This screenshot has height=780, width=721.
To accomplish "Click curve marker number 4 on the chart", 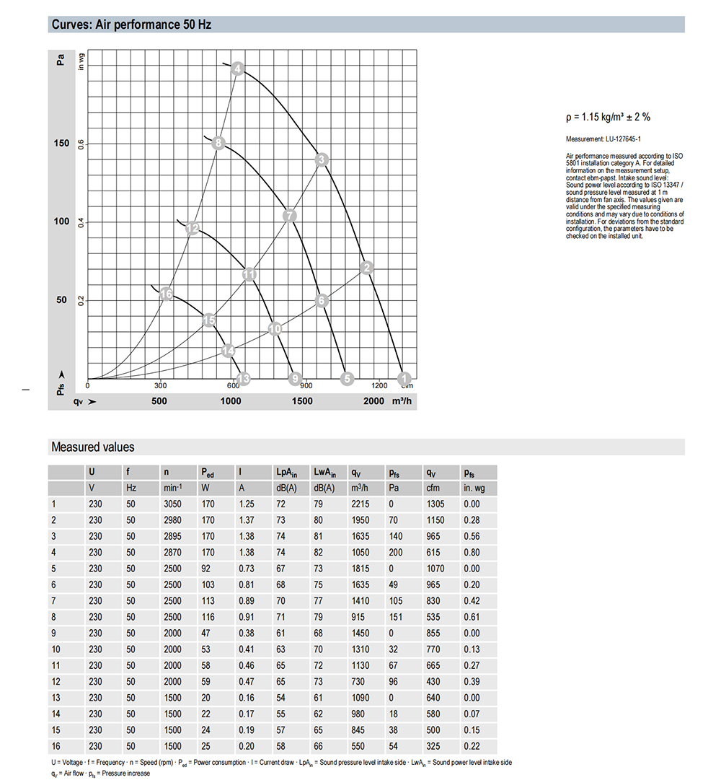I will coord(238,69).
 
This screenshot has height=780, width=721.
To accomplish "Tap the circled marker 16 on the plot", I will coord(167,294).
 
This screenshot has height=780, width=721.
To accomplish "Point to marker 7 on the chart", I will coord(289,215).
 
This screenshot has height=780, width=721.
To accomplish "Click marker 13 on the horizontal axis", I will coord(243,378).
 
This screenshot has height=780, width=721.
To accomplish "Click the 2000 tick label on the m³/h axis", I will coord(373,401).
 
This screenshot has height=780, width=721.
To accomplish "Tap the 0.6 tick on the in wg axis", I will coord(81,144).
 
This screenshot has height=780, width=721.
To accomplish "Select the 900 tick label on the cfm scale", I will coord(306,385).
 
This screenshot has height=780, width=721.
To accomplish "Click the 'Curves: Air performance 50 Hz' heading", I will coord(131,25).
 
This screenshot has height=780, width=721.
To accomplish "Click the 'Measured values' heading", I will coord(92,447).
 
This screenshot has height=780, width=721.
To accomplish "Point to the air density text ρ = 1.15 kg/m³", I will coord(609,117).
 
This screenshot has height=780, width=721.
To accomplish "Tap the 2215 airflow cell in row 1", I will coord(360,504).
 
